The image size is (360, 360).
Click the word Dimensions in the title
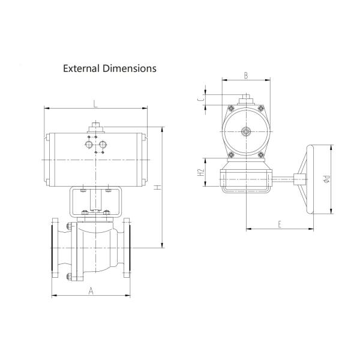(x=130, y=68)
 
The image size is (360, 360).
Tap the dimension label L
(x=95, y=104)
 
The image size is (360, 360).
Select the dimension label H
(x=157, y=188)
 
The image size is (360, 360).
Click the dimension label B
(x=245, y=76)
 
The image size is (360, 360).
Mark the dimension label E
(x=280, y=224)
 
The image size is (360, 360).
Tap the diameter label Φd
(x=326, y=179)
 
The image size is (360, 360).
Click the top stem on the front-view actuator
(x=95, y=127)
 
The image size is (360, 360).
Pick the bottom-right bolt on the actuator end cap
(x=261, y=156)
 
